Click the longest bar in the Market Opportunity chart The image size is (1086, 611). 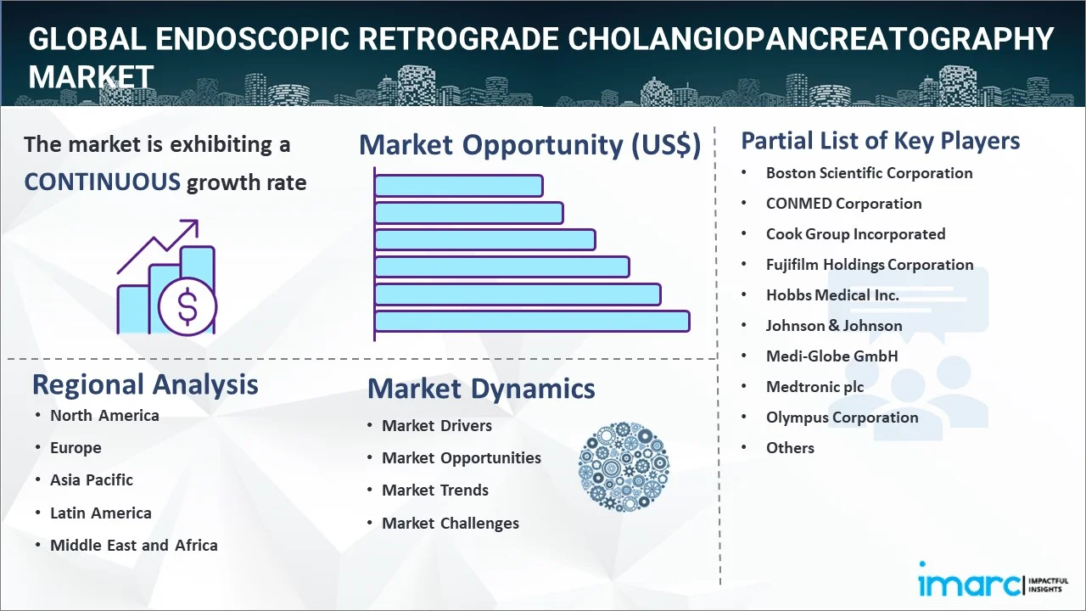[x=532, y=322]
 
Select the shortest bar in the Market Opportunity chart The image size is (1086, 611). [x=458, y=186]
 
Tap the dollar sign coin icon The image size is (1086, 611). [x=188, y=306]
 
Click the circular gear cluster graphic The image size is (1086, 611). [x=624, y=467]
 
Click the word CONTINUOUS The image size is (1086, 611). [x=103, y=182]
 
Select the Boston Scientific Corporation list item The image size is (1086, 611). [x=869, y=173]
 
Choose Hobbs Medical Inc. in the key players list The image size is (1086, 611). [x=832, y=294]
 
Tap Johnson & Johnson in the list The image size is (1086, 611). [x=834, y=325]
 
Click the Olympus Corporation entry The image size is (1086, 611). [x=842, y=418]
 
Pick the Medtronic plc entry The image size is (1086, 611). [x=814, y=386]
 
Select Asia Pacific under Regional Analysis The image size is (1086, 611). [x=91, y=480]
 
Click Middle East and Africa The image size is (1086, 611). [x=134, y=545]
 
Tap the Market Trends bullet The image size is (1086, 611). [x=435, y=490]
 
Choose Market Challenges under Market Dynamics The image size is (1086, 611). [x=451, y=524]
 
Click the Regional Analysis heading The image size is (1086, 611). [x=145, y=385]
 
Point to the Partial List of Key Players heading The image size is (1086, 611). [x=881, y=141]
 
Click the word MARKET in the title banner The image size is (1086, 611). [x=91, y=76]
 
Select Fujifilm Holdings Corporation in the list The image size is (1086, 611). [x=870, y=265]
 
